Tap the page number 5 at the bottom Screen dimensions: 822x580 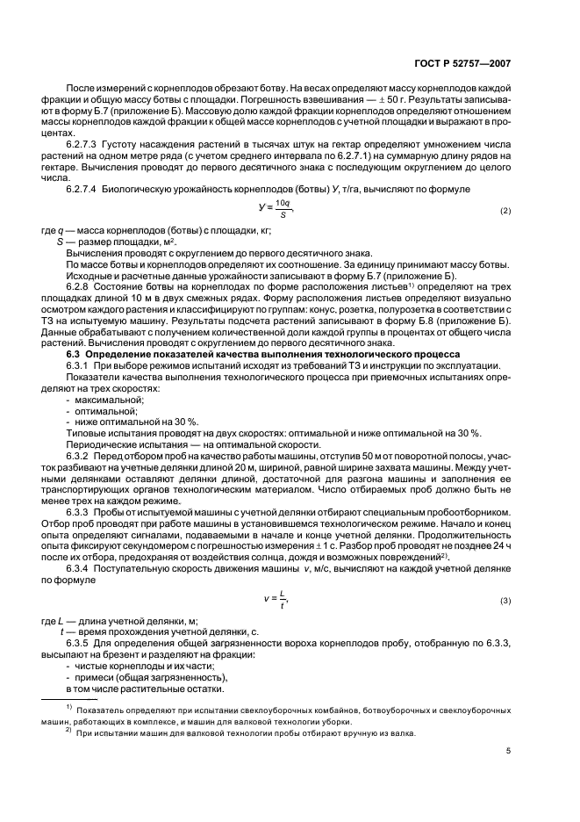[508, 751]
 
